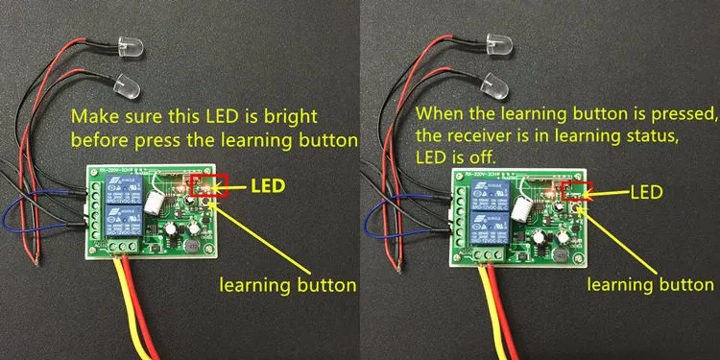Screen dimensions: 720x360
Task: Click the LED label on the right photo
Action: [x=644, y=193]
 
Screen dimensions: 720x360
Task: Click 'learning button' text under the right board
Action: [x=651, y=285]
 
